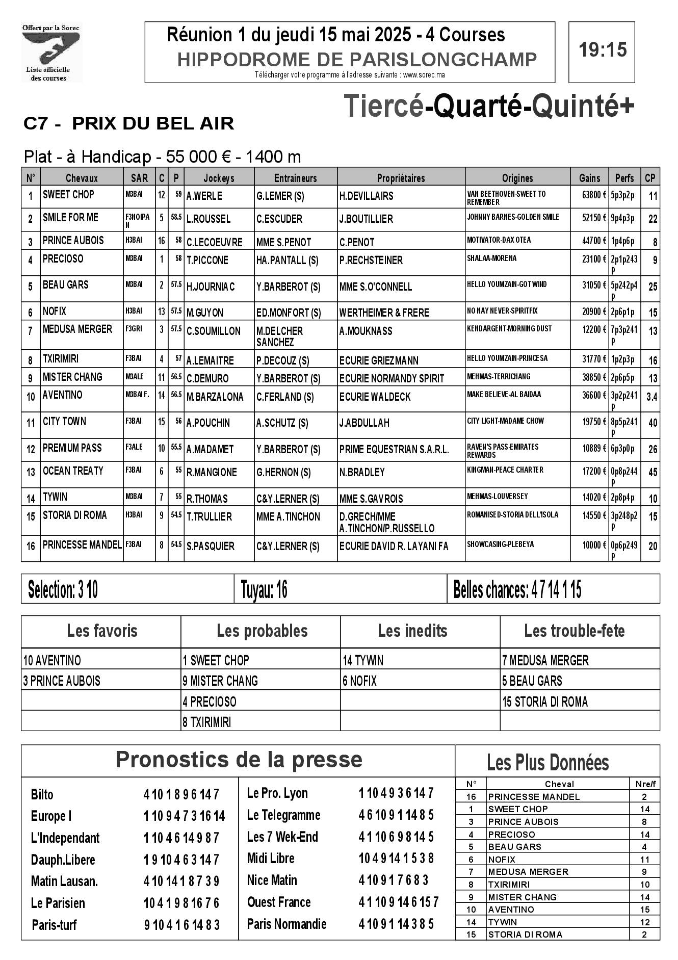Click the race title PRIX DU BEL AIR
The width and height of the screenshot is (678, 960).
(153, 124)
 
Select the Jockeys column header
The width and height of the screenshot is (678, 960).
(219, 178)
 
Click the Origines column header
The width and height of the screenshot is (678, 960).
(517, 178)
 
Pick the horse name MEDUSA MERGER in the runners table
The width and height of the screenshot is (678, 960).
(77, 330)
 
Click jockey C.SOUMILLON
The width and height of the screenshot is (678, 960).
(214, 331)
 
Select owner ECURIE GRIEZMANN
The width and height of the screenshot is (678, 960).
(378, 361)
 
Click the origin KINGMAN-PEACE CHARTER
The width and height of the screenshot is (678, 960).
(505, 470)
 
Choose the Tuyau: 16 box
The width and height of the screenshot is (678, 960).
(264, 590)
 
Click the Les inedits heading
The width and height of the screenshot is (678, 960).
(412, 631)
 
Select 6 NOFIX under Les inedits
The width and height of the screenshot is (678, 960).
(360, 681)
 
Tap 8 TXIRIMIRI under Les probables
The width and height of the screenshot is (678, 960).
(207, 722)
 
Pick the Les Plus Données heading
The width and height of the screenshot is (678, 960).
(547, 763)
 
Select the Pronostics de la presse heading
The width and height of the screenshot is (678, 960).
(239, 760)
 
